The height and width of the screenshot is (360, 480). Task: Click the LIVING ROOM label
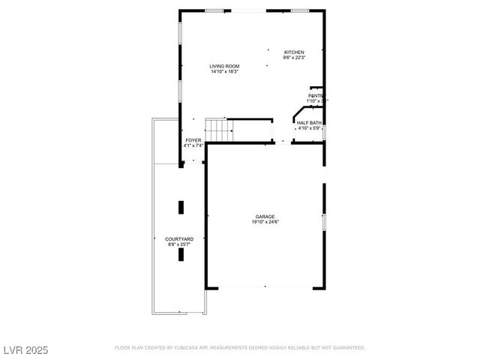pos(224,67)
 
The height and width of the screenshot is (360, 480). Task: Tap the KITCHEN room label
pos(293,52)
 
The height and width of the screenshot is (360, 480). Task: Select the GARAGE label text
pos(264,216)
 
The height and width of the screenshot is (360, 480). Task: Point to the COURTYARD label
pos(179,238)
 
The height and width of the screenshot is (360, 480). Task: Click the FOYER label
pos(193,140)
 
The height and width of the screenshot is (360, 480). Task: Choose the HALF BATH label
pos(309,122)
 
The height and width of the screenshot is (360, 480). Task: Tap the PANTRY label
pos(316,96)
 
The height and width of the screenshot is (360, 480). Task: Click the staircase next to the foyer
pos(217,130)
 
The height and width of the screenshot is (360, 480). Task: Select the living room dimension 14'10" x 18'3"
pos(224,72)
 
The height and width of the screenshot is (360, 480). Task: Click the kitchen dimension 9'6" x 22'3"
pos(293,57)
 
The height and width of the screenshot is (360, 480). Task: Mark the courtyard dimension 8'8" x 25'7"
pos(179,244)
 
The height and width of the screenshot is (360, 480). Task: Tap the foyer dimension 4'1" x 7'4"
pos(193,145)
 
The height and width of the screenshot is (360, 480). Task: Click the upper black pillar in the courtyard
pos(181,207)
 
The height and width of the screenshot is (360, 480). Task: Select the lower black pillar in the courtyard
pos(181,254)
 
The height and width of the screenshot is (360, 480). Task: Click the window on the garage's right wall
pos(324,223)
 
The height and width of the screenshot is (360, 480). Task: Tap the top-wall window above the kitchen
pos(300,10)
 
